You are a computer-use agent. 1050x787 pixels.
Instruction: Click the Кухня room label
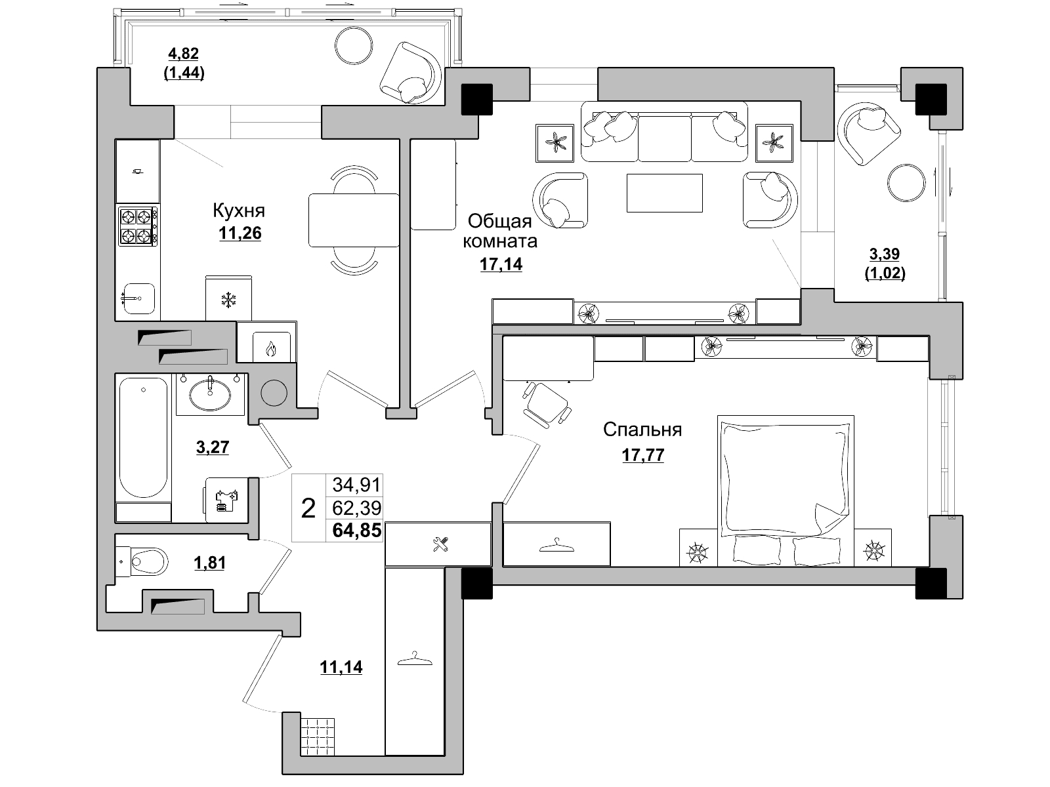[239, 211]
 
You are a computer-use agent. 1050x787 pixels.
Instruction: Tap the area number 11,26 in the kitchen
[240, 233]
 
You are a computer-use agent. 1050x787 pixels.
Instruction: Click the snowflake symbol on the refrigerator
[228, 300]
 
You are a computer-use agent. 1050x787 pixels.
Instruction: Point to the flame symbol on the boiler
[271, 350]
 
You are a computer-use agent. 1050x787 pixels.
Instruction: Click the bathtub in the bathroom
[144, 437]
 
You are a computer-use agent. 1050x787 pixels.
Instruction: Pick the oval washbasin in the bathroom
[210, 395]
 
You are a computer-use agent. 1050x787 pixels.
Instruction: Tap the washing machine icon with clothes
[226, 500]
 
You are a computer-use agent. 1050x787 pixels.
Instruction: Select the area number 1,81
[209, 563]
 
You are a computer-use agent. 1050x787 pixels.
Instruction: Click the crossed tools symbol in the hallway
[440, 544]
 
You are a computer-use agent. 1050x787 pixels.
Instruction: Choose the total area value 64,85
[357, 531]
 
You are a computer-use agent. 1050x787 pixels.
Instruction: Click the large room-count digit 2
[308, 508]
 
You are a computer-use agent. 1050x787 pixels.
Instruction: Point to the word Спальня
[642, 430]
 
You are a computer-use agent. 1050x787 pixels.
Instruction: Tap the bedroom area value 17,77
[643, 455]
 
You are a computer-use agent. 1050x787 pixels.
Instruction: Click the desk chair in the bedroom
[547, 405]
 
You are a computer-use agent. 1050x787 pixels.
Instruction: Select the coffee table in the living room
[664, 193]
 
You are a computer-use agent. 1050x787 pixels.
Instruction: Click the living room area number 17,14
[501, 264]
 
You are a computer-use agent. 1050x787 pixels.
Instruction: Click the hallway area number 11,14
[341, 666]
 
